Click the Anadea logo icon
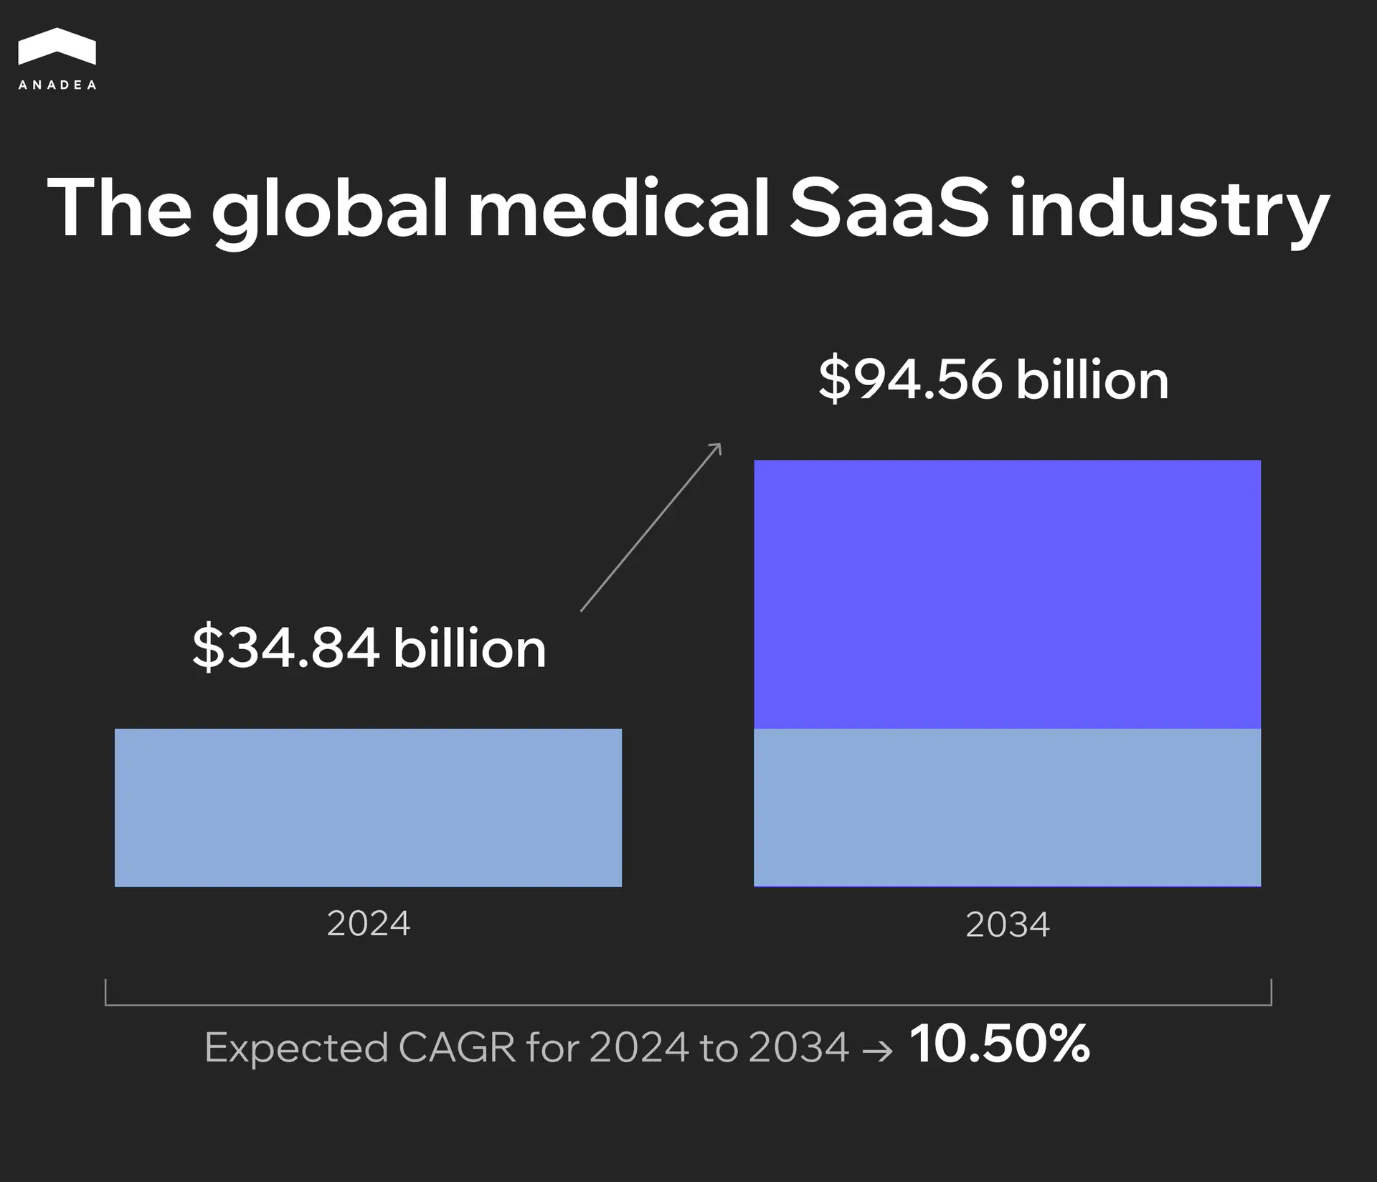point(57,48)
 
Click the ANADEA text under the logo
point(57,85)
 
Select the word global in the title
point(329,209)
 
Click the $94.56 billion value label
point(993,379)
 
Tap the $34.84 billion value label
point(369,648)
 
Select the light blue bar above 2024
point(368,808)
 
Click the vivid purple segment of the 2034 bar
point(1007,594)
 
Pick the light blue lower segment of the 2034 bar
point(1007,808)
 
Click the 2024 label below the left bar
point(368,923)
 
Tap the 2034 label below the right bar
point(1007,924)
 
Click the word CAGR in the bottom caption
point(456,1047)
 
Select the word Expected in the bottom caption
point(295,1049)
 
